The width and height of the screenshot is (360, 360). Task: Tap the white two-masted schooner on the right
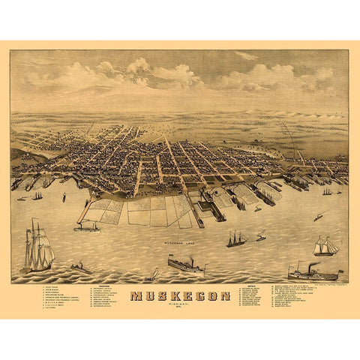click(325, 246)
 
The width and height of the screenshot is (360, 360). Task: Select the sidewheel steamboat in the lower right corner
click(313, 272)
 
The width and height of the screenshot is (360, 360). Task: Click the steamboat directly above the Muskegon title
click(184, 265)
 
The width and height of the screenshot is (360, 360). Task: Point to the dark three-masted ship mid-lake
click(237, 239)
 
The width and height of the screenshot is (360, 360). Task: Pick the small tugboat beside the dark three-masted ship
click(260, 238)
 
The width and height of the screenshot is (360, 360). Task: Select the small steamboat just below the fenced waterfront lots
click(86, 227)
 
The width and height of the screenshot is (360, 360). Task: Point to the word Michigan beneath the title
click(179, 304)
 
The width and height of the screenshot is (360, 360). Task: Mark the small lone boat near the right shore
click(318, 216)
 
